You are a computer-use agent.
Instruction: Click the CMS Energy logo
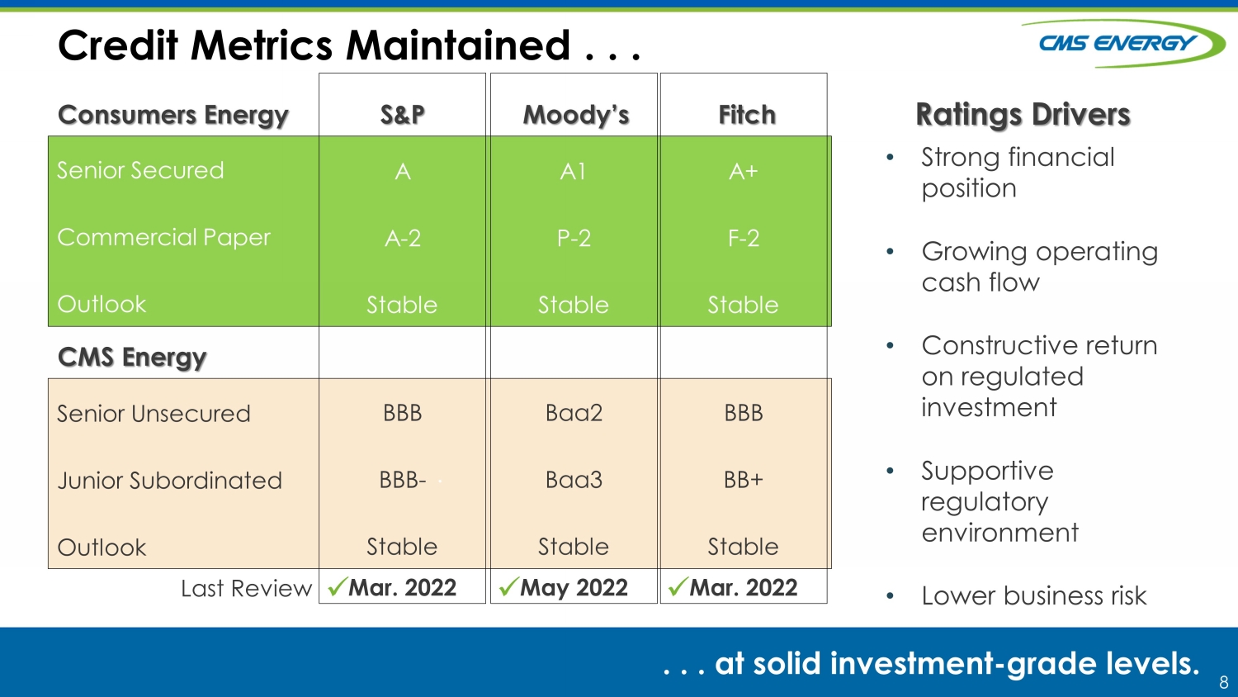pyautogui.click(x=1122, y=43)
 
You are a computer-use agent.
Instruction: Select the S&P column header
pyautogui.click(x=403, y=115)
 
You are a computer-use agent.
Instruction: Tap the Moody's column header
pyautogui.click(x=576, y=115)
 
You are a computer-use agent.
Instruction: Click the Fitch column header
pyautogui.click(x=747, y=115)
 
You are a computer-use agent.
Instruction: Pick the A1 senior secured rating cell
pyautogui.click(x=573, y=172)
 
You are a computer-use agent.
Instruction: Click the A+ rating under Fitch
pyautogui.click(x=744, y=172)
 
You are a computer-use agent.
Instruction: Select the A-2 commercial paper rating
pyautogui.click(x=403, y=239)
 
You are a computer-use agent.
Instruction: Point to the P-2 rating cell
pyautogui.click(x=574, y=239)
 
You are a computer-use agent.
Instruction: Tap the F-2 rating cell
pyautogui.click(x=744, y=239)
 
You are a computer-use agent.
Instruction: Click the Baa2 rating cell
pyautogui.click(x=574, y=413)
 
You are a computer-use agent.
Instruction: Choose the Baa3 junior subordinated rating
pyautogui.click(x=574, y=480)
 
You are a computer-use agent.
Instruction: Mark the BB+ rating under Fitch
pyautogui.click(x=744, y=480)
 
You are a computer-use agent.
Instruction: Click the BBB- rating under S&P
pyautogui.click(x=403, y=480)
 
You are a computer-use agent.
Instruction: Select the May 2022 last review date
pyautogui.click(x=574, y=587)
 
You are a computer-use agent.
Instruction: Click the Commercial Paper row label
pyautogui.click(x=163, y=237)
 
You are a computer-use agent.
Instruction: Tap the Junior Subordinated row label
pyautogui.click(x=169, y=480)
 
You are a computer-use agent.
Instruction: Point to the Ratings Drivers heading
pyautogui.click(x=1023, y=115)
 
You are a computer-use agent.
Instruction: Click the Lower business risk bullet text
pyautogui.click(x=1033, y=595)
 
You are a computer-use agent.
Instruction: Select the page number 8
pyautogui.click(x=1224, y=682)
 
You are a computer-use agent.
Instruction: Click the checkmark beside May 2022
pyautogui.click(x=508, y=586)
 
